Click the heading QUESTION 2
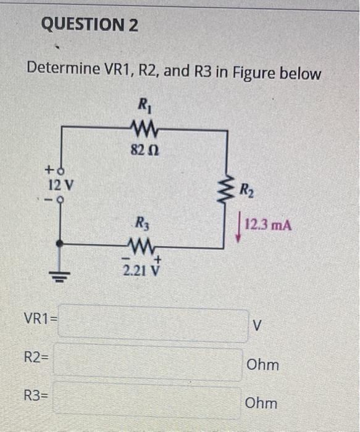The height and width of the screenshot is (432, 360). [90, 25]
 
